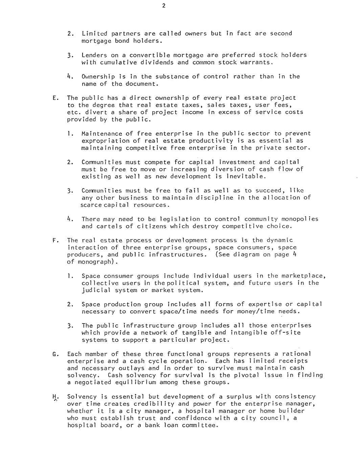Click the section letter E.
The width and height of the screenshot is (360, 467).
[x=54, y=98]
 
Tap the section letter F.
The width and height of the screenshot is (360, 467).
[x=54, y=241]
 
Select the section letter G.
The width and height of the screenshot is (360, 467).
[x=54, y=354]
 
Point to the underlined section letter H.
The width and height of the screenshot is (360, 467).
[x=54, y=397]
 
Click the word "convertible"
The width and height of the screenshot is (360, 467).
[x=149, y=55]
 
